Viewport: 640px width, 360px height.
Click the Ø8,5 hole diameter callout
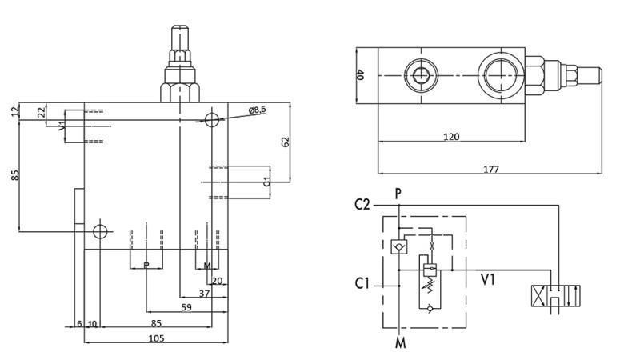[257, 110]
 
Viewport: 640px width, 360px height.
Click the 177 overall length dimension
[491, 169]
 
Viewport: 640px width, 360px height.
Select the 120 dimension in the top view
[451, 137]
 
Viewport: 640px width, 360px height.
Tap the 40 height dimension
[360, 75]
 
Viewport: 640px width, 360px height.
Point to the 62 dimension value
[286, 141]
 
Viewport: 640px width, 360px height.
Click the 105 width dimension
[156, 338]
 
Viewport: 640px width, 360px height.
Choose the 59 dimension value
[186, 306]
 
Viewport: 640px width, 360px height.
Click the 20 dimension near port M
[217, 281]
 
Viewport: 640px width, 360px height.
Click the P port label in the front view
[146, 266]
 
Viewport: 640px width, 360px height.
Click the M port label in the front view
[206, 266]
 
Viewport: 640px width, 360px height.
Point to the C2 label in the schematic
[362, 205]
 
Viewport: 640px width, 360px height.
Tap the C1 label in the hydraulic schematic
[362, 282]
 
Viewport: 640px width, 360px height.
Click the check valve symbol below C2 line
[397, 247]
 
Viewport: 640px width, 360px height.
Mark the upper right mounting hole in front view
[212, 120]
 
